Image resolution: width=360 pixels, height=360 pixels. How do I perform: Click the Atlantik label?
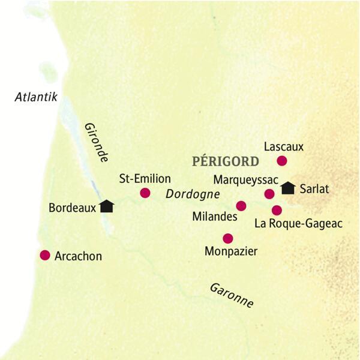click(37, 97)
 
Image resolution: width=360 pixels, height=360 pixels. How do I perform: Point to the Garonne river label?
click(232, 294)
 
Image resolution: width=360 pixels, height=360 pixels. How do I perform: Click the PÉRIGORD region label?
click(225, 161)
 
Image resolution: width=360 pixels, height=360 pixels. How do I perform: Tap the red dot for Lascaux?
click(281, 160)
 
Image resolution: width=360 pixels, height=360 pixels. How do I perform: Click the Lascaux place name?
click(284, 146)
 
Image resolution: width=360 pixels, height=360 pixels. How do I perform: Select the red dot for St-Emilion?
click(145, 193)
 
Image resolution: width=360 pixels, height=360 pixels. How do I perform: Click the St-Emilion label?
click(145, 179)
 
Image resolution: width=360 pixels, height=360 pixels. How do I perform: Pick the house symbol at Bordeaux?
click(107, 206)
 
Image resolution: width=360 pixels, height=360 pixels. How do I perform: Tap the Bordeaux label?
click(72, 208)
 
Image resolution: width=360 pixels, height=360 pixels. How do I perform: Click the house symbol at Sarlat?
click(288, 188)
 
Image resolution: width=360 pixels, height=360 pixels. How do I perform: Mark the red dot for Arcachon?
click(44, 255)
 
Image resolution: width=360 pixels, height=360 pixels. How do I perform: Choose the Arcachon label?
click(78, 256)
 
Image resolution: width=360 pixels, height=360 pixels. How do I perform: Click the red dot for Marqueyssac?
click(269, 193)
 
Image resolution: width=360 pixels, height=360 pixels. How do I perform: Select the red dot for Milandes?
click(241, 206)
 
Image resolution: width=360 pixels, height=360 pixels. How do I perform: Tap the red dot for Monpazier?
click(227, 238)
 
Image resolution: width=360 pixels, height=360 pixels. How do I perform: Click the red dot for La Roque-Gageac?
click(277, 210)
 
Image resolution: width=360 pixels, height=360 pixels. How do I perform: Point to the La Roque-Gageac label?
click(298, 224)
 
